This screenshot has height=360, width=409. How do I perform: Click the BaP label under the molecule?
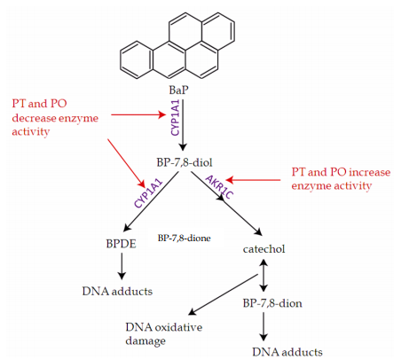click(178, 90)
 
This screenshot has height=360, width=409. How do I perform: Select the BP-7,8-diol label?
click(185, 162)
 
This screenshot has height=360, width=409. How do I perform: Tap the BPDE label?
click(121, 244)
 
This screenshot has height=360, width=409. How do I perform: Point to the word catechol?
click(263, 249)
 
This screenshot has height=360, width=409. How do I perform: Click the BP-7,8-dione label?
click(184, 239)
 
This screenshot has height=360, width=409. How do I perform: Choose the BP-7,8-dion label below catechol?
click(272, 303)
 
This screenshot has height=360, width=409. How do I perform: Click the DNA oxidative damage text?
click(164, 334)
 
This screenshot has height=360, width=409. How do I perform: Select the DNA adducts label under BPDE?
click(117, 292)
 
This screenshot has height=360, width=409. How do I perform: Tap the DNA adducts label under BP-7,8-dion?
click(287, 352)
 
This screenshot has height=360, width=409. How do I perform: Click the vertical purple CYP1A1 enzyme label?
click(175, 118)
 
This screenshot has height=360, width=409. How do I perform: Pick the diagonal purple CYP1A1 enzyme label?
click(148, 193)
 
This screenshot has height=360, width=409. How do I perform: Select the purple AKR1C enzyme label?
click(219, 187)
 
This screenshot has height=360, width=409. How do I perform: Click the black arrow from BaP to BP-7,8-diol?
click(183, 125)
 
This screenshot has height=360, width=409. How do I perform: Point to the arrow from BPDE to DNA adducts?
click(122, 266)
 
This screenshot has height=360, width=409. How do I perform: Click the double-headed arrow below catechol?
click(263, 276)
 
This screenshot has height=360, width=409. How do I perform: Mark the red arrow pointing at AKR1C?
click(253, 180)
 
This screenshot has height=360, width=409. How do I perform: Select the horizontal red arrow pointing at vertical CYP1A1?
click(138, 114)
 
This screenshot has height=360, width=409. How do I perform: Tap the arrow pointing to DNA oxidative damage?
click(224, 294)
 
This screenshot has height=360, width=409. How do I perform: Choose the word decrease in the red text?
click(34, 118)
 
